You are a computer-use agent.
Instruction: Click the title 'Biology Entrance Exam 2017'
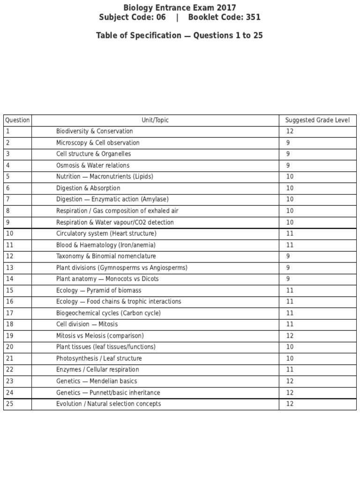tap(180, 7)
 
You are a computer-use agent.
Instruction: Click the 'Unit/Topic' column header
tap(155, 120)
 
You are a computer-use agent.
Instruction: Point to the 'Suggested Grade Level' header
tap(317, 120)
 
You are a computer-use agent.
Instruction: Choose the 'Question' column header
tap(17, 120)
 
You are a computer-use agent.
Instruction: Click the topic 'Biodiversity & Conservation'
tap(94, 131)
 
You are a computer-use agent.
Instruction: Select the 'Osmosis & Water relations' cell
tap(93, 165)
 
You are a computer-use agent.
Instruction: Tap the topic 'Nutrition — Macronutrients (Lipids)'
tap(105, 177)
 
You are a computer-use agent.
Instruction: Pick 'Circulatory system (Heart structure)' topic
tap(106, 233)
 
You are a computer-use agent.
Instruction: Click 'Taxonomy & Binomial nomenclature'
tap(106, 256)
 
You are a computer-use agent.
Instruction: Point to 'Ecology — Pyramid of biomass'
tap(98, 290)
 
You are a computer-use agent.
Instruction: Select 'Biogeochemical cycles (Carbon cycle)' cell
tap(108, 313)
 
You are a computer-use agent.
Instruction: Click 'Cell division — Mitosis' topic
tap(87, 324)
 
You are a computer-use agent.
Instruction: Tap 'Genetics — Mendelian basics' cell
tap(97, 381)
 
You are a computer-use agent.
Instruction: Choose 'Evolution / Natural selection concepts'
tap(108, 404)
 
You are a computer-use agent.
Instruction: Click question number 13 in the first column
tap(10, 268)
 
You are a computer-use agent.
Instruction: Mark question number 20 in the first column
tap(10, 347)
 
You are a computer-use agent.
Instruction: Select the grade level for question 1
tap(290, 131)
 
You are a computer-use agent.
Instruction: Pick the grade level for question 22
tap(290, 369)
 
